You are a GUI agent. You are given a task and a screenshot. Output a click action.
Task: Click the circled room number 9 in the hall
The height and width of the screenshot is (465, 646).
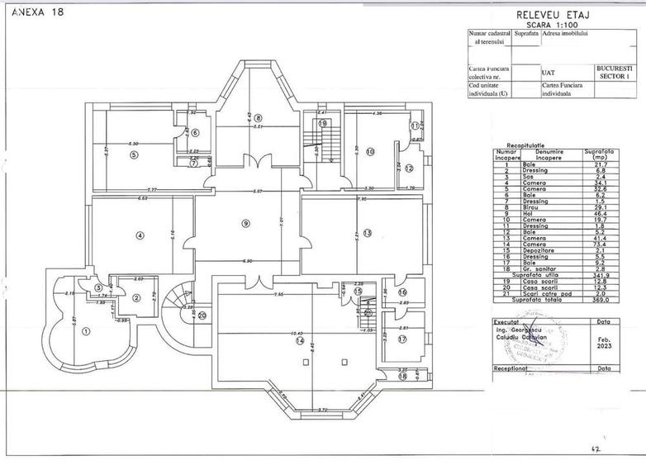click(245, 223)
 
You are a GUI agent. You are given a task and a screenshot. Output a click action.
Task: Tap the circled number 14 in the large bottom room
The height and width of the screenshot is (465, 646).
click(301, 340)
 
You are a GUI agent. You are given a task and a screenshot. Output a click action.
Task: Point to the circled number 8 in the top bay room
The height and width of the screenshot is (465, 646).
click(258, 118)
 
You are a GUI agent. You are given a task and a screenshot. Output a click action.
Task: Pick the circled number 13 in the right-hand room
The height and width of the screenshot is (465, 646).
click(367, 231)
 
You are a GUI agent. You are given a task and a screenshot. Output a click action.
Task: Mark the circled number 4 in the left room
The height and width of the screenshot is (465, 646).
click(140, 235)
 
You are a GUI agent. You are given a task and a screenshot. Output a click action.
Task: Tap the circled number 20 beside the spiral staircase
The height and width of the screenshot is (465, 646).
click(201, 315)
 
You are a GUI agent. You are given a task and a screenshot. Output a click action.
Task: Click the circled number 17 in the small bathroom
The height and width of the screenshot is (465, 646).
click(402, 339)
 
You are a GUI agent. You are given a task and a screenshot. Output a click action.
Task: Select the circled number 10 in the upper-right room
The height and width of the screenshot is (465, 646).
click(370, 151)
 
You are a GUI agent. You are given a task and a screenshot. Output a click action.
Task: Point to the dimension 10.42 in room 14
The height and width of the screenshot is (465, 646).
click(297, 333)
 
